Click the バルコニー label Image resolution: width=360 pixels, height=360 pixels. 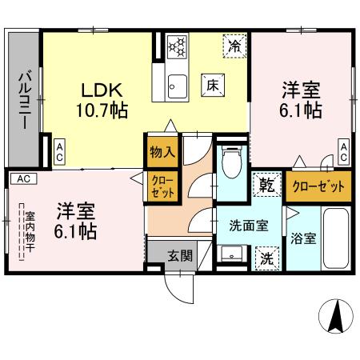click(x=25, y=99)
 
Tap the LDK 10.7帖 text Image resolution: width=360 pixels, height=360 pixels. click(x=101, y=98)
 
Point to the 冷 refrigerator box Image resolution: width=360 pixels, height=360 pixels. click(x=234, y=46)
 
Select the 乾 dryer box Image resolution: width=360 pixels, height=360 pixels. click(x=266, y=185)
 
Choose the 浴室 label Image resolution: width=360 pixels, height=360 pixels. click(x=302, y=238)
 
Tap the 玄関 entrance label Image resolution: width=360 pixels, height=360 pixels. click(x=179, y=256)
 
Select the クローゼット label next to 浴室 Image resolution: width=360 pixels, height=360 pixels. click(x=319, y=186)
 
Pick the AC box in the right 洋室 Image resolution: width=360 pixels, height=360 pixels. click(x=342, y=152)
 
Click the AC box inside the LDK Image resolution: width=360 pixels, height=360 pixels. click(x=61, y=152)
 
